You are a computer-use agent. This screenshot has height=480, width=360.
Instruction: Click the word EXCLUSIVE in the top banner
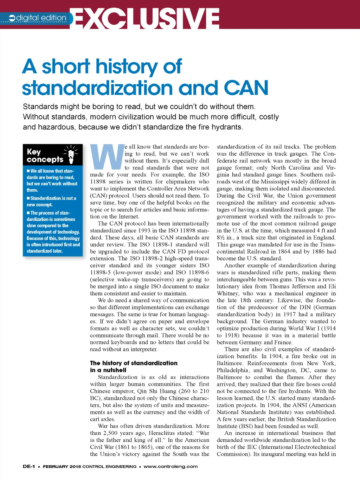coord(147,18)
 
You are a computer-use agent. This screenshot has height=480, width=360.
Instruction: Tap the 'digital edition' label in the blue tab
coord(41,18)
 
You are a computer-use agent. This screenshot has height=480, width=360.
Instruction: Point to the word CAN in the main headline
coord(246,88)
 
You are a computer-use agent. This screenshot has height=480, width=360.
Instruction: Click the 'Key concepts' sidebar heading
coord(45,156)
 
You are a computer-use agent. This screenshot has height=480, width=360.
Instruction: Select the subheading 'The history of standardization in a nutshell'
coord(134,366)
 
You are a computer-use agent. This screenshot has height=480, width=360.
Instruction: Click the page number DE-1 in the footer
coord(29,467)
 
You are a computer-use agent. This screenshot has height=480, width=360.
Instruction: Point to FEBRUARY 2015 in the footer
coord(62,467)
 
